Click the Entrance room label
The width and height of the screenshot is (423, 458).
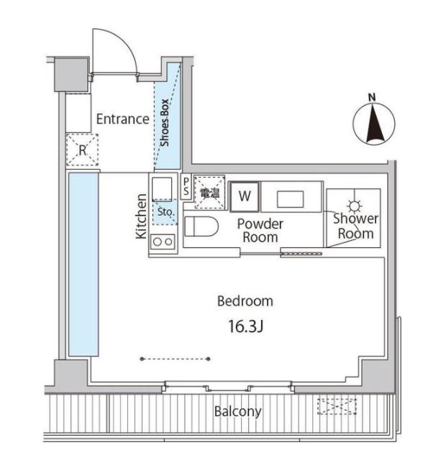pyautogui.click(x=123, y=119)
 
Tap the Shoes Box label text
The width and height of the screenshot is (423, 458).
pyautogui.click(x=165, y=123)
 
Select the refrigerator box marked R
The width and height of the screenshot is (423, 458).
pyautogui.click(x=82, y=150)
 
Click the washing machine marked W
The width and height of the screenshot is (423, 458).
pyautogui.click(x=245, y=196)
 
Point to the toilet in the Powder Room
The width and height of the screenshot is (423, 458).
pyautogui.click(x=201, y=226)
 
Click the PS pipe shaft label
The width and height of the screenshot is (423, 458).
pyautogui.click(x=186, y=187)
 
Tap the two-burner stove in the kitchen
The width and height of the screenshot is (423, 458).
pyautogui.click(x=163, y=242)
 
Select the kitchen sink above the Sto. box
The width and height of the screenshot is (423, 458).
pyautogui.click(x=162, y=188)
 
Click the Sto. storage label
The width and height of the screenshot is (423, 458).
pyautogui.click(x=165, y=212)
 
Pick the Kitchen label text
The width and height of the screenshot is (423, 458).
pyautogui.click(x=141, y=216)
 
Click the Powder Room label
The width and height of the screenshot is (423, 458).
pyautogui.click(x=260, y=231)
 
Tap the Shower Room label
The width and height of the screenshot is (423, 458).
pyautogui.click(x=355, y=226)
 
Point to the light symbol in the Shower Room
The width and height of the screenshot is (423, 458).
pyautogui.click(x=355, y=206)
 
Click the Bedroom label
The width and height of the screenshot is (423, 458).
pyautogui.click(x=245, y=301)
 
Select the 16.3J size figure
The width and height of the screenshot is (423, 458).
pyautogui.click(x=245, y=326)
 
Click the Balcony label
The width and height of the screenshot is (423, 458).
pyautogui.click(x=237, y=411)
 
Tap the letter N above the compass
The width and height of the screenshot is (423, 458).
pyautogui.click(x=372, y=97)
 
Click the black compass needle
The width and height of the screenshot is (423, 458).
pyautogui.click(x=373, y=124)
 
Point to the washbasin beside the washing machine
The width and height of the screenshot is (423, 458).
pyautogui.click(x=291, y=199)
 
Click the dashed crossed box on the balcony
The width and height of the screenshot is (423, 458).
pyautogui.click(x=337, y=406)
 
